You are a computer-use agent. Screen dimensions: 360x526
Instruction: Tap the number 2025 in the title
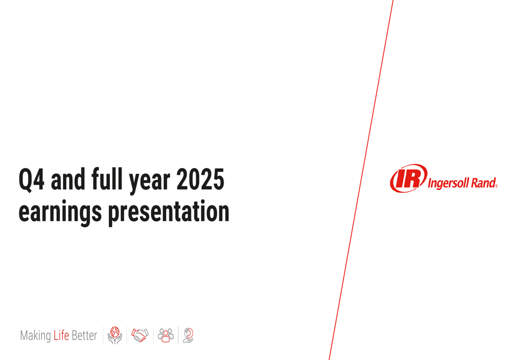(200, 180)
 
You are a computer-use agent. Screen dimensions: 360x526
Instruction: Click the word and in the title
(68, 180)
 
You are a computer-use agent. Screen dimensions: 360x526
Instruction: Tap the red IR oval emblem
(408, 178)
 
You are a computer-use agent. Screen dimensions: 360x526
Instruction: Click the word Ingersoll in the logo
(450, 183)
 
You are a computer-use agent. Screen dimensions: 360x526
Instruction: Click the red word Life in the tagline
(61, 335)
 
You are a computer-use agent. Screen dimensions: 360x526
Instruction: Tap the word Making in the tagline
(35, 336)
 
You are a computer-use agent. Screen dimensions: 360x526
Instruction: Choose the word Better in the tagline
(84, 335)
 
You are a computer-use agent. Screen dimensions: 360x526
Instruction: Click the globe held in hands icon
(115, 335)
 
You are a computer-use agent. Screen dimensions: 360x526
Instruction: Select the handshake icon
(140, 335)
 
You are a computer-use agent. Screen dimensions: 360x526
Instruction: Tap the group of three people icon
(166, 335)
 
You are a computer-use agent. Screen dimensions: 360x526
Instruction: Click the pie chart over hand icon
(188, 335)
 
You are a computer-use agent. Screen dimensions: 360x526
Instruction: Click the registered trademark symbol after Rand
(496, 186)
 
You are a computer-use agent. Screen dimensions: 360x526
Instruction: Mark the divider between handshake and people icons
(153, 335)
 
